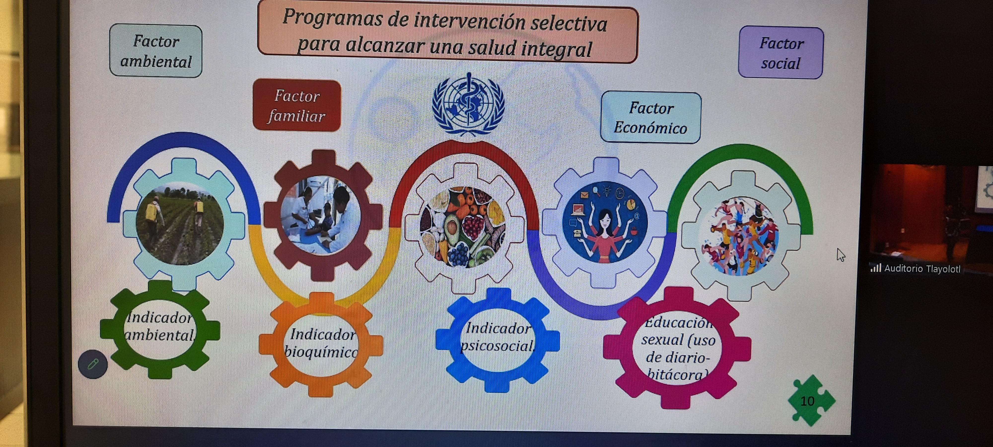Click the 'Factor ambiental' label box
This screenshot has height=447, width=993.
coord(156,51)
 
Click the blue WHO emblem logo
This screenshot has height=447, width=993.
coord(468,104)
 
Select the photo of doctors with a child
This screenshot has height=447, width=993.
coord(321,215)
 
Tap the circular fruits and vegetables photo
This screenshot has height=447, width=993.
coord(462,227)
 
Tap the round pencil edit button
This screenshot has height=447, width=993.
coord(93,364)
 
